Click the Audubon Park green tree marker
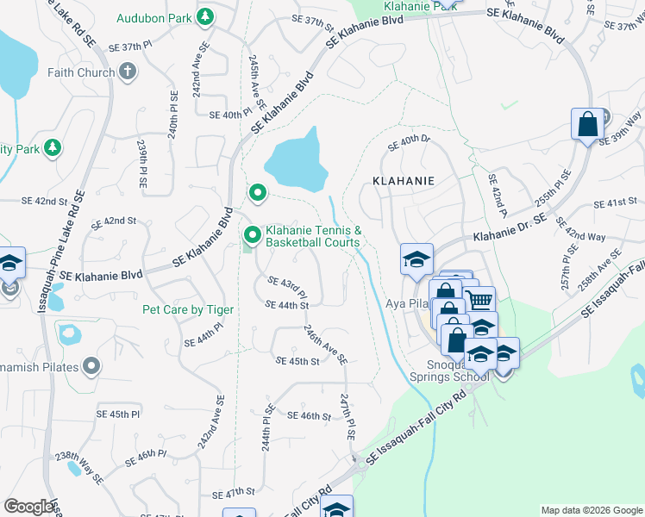[205, 16]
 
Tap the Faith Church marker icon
[128, 72]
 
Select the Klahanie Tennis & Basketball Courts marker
[253, 234]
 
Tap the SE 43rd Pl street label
[287, 283]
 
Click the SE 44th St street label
[287, 305]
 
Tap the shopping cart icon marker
[480, 299]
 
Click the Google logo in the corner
[29, 507]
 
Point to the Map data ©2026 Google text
[591, 510]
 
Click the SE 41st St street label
[615, 203]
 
